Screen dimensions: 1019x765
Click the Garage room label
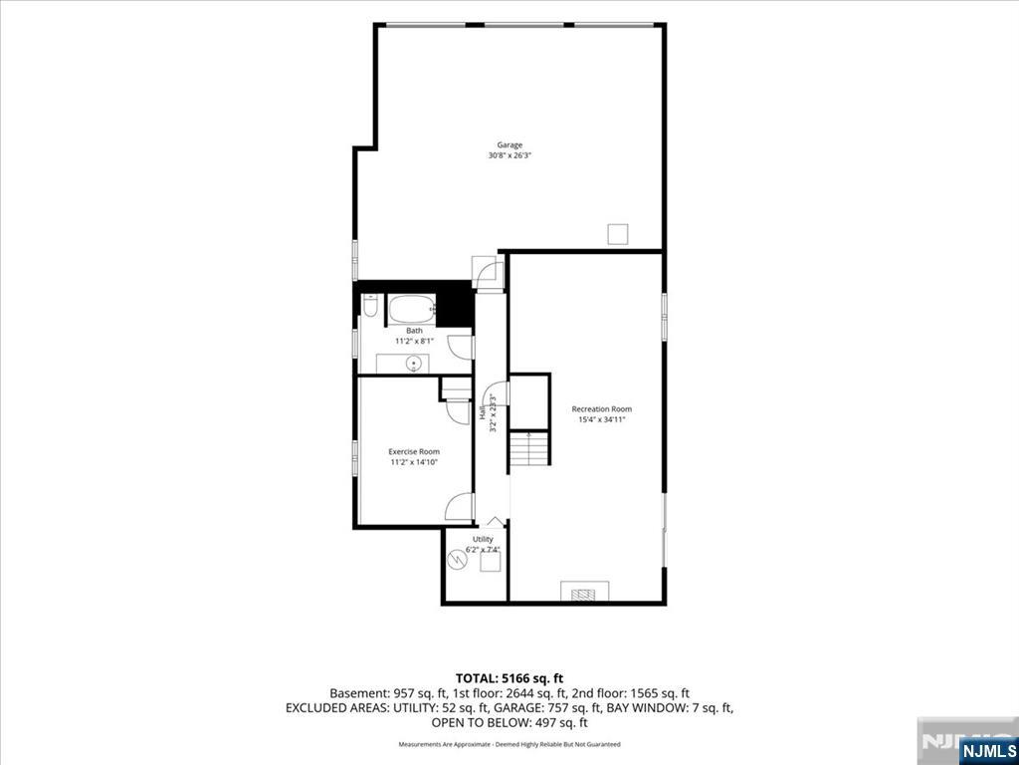click(x=509, y=145)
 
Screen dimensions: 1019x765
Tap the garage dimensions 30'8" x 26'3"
click(x=509, y=156)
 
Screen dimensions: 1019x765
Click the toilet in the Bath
click(x=369, y=305)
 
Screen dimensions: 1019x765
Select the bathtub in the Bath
click(x=411, y=309)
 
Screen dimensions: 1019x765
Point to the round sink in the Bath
click(x=411, y=363)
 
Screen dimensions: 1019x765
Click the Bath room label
click(x=414, y=331)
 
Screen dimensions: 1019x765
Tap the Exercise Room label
click(x=414, y=451)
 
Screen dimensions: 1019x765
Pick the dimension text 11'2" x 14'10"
click(x=414, y=462)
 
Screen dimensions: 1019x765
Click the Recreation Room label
click(x=602, y=409)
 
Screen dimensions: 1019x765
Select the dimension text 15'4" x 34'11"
click(x=602, y=420)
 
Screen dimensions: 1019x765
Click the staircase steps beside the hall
click(x=529, y=448)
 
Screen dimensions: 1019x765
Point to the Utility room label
click(x=483, y=539)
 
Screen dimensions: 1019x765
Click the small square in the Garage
click(x=617, y=234)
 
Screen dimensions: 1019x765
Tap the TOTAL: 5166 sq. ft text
click(x=509, y=679)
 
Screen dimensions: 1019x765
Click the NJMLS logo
click(x=988, y=749)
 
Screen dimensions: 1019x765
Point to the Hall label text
click(x=483, y=412)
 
